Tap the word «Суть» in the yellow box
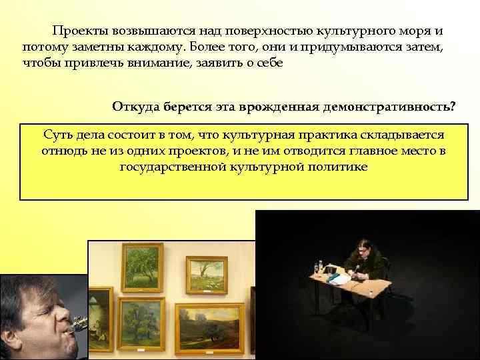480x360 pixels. pyautogui.click(x=58, y=134)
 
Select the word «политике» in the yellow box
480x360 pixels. pyautogui.click(x=337, y=167)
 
